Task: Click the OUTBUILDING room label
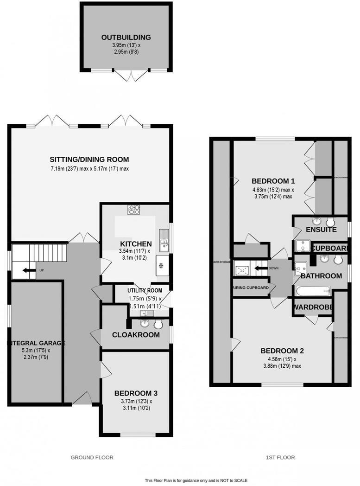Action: [x=126, y=38]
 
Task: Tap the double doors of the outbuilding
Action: [x=132, y=75]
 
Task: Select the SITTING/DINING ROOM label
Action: [x=89, y=160]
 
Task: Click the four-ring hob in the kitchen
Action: [x=134, y=210]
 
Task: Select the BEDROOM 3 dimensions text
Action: [x=136, y=405]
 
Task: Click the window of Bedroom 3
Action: [x=138, y=435]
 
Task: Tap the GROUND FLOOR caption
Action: [x=92, y=457]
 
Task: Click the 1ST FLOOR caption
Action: [x=280, y=457]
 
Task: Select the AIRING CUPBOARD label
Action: [x=250, y=288]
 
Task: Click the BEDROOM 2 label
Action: [x=282, y=351]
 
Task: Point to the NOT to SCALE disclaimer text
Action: [x=196, y=480]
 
